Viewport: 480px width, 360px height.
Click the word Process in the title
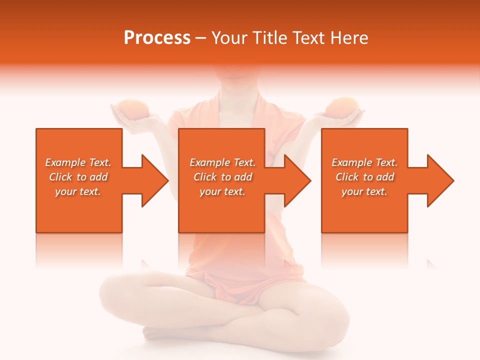pyautogui.click(x=157, y=38)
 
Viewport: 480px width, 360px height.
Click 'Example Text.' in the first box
pyautogui.click(x=78, y=162)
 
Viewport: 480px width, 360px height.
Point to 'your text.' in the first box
pyautogui.click(x=78, y=191)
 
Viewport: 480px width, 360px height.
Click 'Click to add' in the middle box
pyautogui.click(x=222, y=177)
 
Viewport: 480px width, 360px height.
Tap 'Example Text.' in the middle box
pyautogui.click(x=222, y=162)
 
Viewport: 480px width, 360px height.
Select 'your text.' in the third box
pyautogui.click(x=364, y=191)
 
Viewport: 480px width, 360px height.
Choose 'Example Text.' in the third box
pyautogui.click(x=364, y=162)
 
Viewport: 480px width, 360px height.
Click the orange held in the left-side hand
pyautogui.click(x=132, y=109)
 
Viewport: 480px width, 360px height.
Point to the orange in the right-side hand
pyautogui.click(x=342, y=106)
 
